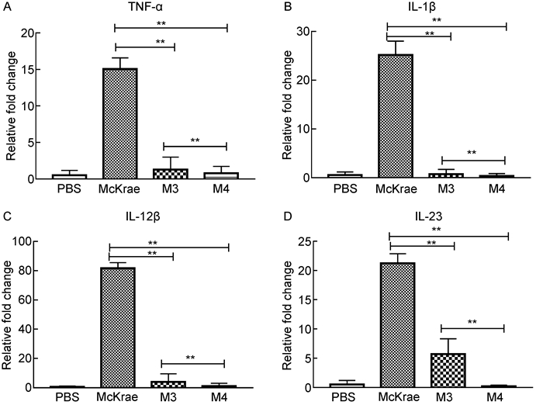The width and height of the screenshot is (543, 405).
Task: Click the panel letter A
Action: (7, 9)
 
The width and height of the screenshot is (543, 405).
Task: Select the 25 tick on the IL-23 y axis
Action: (302, 242)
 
